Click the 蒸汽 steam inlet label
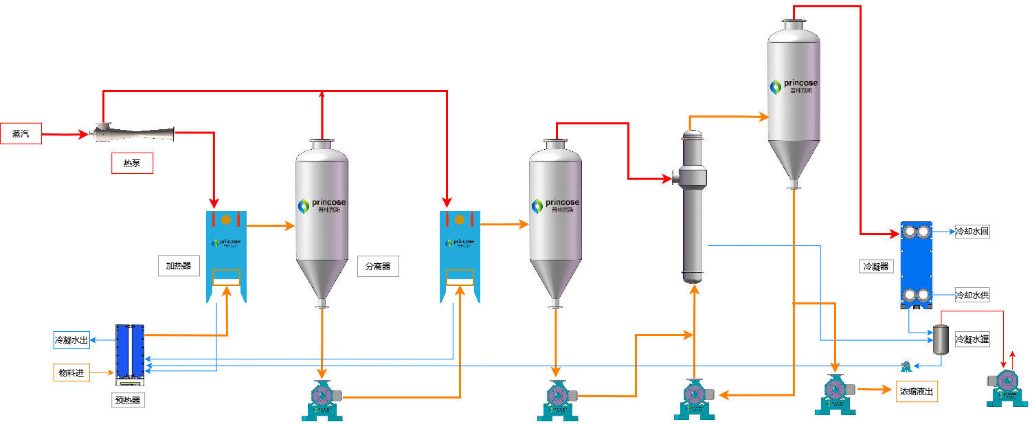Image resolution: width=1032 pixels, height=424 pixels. click(x=21, y=134)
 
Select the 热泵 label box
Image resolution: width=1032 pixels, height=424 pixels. click(x=132, y=164)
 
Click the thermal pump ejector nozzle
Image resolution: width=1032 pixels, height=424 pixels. click(x=134, y=131)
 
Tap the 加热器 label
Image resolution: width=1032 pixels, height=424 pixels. click(x=178, y=266)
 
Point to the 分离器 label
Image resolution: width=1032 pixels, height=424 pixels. click(x=378, y=266)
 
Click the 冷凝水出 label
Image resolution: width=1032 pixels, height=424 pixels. click(x=71, y=339)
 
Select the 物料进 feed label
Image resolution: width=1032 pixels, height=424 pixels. click(x=71, y=372)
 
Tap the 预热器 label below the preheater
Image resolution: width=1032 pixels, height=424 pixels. click(x=127, y=400)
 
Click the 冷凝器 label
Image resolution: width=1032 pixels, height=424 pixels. click(x=875, y=266)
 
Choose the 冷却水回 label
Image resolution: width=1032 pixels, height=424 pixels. click(x=972, y=232)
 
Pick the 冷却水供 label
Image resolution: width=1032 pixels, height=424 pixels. click(x=972, y=295)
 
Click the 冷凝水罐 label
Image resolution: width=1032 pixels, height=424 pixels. click(x=972, y=339)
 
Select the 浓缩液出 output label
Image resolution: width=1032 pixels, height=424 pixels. click(x=917, y=392)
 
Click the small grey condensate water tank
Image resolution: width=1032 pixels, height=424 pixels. click(x=939, y=339)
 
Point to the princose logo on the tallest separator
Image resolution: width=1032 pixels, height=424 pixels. click(x=794, y=87)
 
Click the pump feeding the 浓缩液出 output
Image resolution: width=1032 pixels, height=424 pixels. click(x=835, y=393)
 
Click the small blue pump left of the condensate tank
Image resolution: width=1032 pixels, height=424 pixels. click(x=906, y=366)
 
